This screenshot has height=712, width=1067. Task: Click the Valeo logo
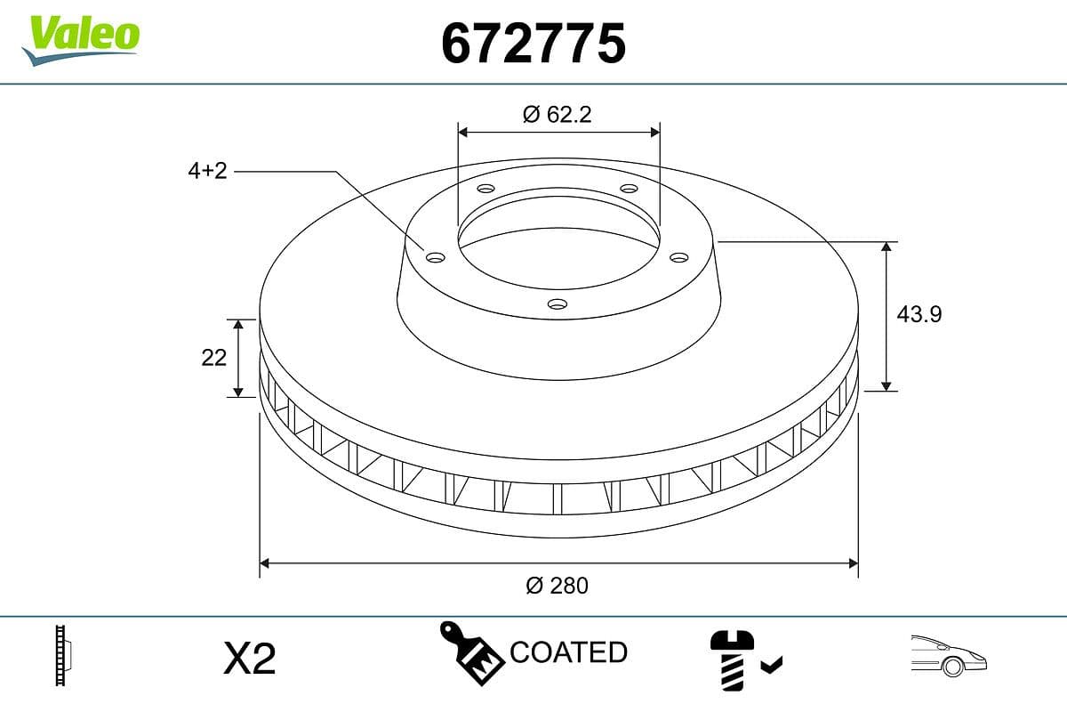click(x=81, y=37)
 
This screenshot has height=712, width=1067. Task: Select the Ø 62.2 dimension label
click(x=558, y=114)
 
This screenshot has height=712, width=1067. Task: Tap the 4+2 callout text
click(x=207, y=171)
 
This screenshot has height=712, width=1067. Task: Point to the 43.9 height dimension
click(x=919, y=314)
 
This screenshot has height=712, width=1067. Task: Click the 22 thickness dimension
click(x=214, y=357)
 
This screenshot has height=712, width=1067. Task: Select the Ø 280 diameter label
click(x=558, y=586)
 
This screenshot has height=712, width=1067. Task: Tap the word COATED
click(x=568, y=652)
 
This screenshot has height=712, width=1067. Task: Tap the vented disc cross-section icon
click(x=62, y=656)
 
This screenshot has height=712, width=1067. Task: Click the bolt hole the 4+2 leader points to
click(x=435, y=257)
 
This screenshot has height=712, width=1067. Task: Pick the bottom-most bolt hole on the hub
click(x=558, y=304)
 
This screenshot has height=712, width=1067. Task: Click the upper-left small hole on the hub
click(x=485, y=189)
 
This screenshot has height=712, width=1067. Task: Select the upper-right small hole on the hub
click(x=629, y=189)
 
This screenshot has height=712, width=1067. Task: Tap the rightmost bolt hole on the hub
click(x=679, y=257)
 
